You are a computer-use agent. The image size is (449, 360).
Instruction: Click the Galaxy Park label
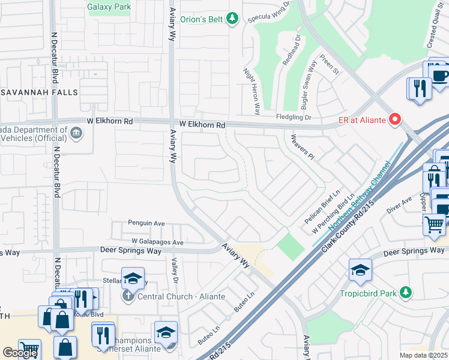(109, 8)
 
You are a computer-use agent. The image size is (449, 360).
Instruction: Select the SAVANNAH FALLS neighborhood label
(40, 92)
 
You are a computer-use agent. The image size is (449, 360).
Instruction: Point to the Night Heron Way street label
(251, 91)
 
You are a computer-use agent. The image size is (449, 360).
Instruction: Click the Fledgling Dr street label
(294, 117)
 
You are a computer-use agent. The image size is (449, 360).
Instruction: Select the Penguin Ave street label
(146, 223)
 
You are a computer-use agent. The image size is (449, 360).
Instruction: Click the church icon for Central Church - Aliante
(127, 296)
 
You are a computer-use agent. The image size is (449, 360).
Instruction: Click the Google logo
(20, 353)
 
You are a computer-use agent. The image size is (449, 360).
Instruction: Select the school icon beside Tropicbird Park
(360, 271)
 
